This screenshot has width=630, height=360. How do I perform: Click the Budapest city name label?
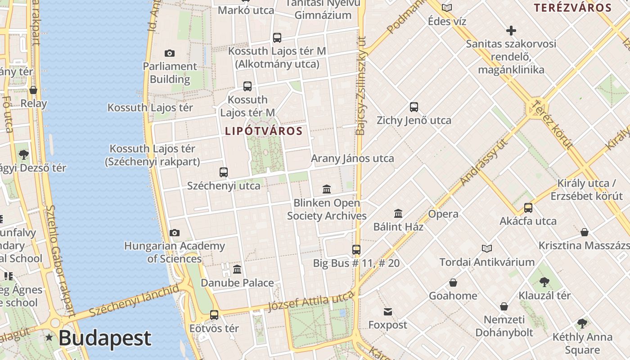[104, 338]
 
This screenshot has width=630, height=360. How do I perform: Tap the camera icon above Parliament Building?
[170, 54]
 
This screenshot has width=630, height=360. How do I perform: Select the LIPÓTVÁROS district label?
[264, 131]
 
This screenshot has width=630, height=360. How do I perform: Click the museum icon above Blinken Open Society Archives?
[327, 189]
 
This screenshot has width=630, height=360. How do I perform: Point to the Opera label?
[443, 214]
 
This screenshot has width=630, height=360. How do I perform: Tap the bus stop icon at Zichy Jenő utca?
[414, 107]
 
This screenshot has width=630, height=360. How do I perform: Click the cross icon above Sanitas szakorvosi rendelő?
[511, 31]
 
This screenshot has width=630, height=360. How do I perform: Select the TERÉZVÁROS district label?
[572, 8]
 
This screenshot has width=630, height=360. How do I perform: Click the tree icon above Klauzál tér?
[544, 282]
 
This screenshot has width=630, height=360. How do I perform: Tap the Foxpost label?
[387, 325]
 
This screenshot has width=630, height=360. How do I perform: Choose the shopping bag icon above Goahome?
[453, 283]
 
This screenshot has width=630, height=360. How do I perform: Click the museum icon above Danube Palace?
[237, 270]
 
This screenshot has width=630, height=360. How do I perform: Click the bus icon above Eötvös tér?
[214, 315]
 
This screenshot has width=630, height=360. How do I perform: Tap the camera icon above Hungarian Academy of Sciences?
[175, 233]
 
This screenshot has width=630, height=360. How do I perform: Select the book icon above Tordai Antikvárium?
[486, 248]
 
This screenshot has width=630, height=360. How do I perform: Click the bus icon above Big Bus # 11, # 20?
[356, 249]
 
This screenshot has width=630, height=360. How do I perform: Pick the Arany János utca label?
[352, 158]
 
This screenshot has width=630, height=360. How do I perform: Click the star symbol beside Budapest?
[49, 337]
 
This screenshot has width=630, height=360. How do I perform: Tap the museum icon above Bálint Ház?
[398, 213]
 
